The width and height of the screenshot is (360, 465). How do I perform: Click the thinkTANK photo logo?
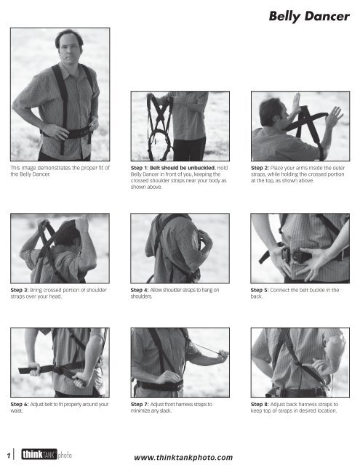44,453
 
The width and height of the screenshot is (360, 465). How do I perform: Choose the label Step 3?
21,291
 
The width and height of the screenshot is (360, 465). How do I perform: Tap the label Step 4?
141,291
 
